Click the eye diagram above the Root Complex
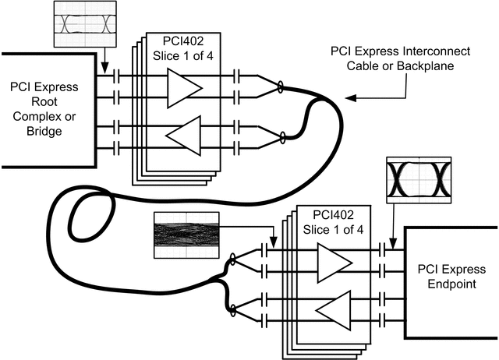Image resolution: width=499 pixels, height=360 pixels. tap(83, 23)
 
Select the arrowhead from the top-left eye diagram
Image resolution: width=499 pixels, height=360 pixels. tap(106, 72)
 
